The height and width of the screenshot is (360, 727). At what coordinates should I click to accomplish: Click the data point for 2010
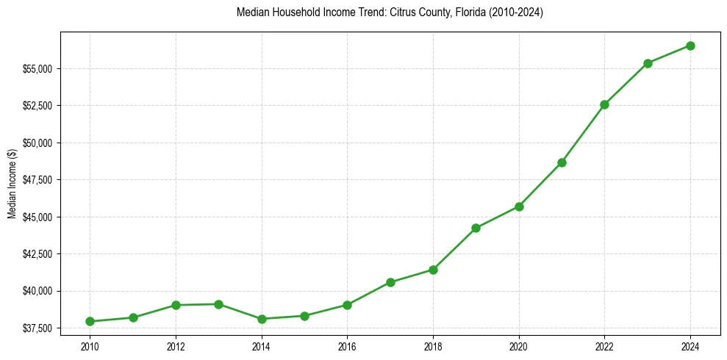tap(90, 321)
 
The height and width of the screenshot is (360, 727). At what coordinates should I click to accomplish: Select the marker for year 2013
tap(218, 304)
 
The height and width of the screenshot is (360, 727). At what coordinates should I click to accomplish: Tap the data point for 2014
tap(262, 319)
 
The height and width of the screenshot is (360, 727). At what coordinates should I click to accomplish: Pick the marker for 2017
tap(390, 282)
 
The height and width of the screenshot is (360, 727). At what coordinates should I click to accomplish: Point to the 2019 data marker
tap(476, 228)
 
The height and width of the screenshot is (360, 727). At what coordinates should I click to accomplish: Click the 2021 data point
tap(562, 162)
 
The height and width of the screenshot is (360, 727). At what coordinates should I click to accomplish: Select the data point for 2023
tap(648, 63)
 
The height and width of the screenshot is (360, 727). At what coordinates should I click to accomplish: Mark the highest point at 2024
tap(690, 46)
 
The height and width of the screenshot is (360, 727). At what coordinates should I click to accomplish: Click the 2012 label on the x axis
tap(176, 345)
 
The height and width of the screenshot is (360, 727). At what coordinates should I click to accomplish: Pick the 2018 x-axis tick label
tap(433, 345)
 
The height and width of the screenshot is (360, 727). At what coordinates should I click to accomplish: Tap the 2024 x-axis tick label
tap(690, 345)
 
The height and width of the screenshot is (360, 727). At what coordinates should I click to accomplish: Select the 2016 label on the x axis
tap(347, 345)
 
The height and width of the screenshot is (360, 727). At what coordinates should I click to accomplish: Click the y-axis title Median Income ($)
tap(12, 184)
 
